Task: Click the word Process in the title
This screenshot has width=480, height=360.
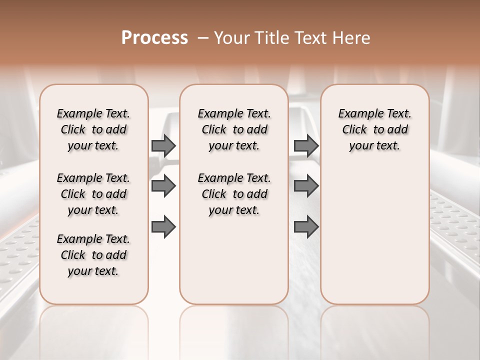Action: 154,37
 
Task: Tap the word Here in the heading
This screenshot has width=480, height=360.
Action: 352,38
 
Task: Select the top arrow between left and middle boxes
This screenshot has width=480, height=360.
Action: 163,145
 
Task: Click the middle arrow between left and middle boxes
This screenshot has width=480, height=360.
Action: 163,186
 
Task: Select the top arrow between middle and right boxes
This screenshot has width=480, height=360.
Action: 306,145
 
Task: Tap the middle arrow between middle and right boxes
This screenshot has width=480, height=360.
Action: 306,186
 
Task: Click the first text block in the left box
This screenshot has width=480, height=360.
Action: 93,129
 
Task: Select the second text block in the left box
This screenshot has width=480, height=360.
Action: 93,194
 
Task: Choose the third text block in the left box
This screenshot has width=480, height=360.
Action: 93,255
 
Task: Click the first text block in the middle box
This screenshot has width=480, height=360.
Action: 234,129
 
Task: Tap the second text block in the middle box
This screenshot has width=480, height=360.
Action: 234,194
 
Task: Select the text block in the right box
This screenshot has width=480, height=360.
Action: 375,129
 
